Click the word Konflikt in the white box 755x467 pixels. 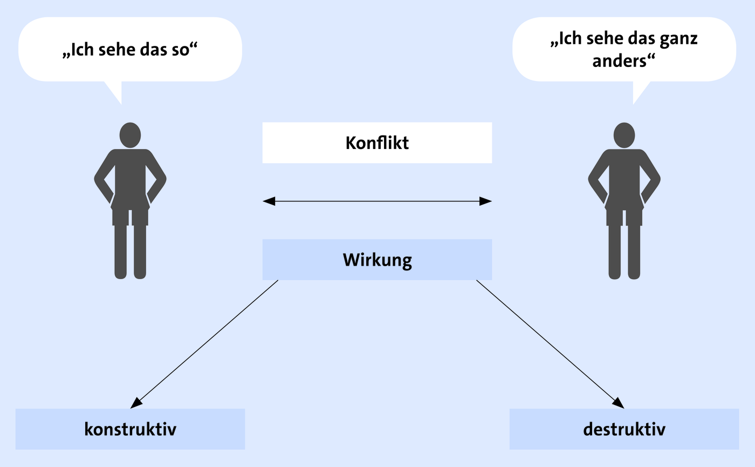coord(377,143)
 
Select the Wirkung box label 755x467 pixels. coord(377,260)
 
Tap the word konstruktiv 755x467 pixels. coord(130,429)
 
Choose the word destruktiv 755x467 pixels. coord(624,429)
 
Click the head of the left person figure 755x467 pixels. coord(130,135)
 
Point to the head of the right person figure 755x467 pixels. coord(624,135)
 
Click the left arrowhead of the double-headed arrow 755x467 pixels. coord(269,201)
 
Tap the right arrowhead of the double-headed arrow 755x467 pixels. coord(486,201)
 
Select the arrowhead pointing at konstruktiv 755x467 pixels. coord(135,403)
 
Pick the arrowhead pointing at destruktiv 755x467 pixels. coord(619,403)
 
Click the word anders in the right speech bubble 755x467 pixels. coord(623,61)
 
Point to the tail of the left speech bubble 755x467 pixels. coord(114,92)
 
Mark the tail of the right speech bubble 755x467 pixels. coord(640,92)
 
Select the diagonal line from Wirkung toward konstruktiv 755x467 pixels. coord(204,344)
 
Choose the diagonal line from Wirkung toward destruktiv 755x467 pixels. coord(550,344)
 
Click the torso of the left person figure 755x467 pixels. coord(130,179)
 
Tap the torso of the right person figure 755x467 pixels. coord(624,179)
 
